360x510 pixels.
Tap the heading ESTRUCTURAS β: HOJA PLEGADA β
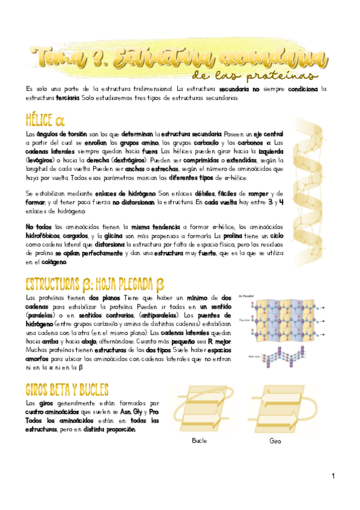coord(95,284)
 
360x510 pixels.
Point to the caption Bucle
coord(199,441)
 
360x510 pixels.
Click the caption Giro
coord(275,441)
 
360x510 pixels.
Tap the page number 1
coord(332,476)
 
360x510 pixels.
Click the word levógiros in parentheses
coord(41,161)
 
